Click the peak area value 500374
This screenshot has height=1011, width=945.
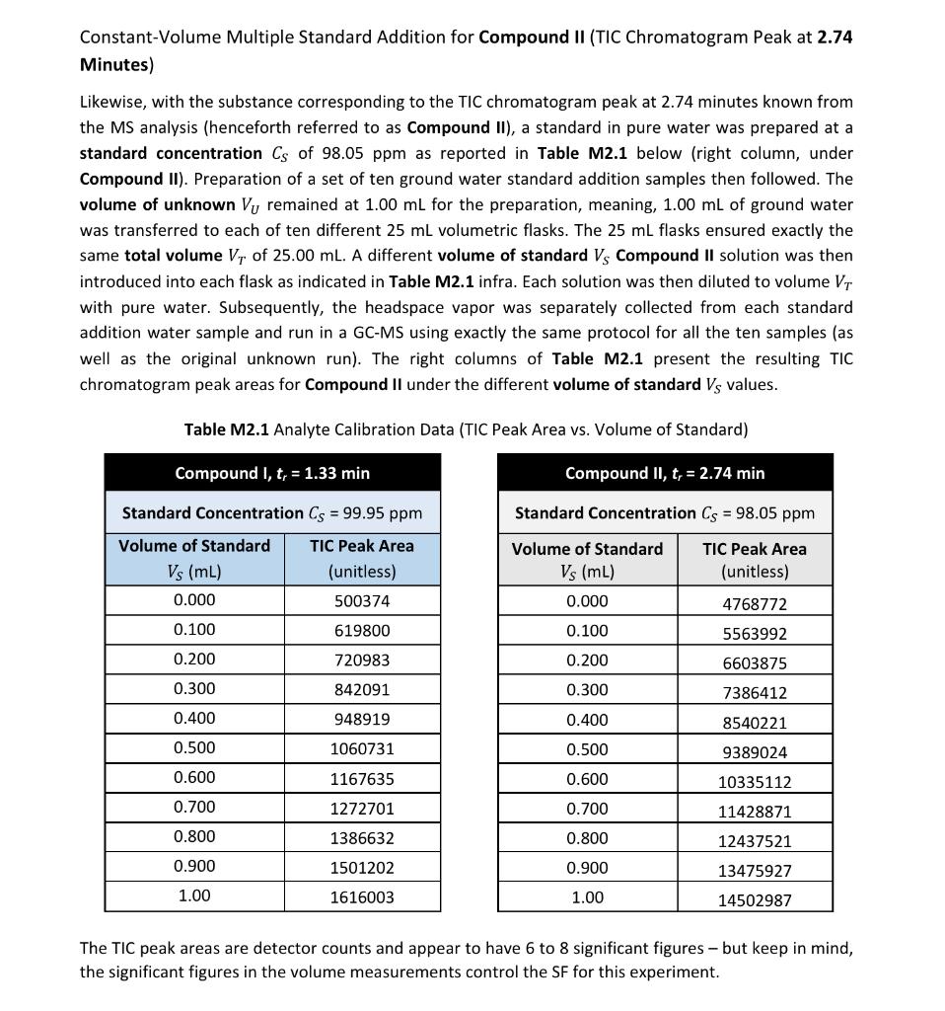click(361, 601)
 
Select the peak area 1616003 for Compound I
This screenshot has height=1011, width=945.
click(361, 897)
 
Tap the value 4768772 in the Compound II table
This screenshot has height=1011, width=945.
click(755, 604)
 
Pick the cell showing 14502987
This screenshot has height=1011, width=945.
click(755, 900)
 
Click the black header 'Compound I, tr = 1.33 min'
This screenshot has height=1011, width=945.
click(272, 473)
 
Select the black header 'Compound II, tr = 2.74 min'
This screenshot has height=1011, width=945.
click(665, 473)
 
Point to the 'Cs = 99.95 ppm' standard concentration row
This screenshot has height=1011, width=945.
click(272, 512)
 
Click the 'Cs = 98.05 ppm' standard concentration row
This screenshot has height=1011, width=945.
click(665, 512)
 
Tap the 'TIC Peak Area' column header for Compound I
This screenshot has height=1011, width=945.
click(361, 558)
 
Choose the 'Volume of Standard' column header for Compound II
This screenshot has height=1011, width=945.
click(587, 560)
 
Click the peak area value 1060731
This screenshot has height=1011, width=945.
click(361, 749)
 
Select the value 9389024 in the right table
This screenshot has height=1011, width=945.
click(755, 752)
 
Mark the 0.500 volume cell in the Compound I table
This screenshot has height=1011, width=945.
click(194, 747)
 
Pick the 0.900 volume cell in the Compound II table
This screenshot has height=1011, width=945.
click(587, 868)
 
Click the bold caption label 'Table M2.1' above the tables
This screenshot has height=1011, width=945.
click(227, 429)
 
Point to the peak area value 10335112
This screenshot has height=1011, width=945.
click(755, 782)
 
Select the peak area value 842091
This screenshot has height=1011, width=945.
click(361, 690)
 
